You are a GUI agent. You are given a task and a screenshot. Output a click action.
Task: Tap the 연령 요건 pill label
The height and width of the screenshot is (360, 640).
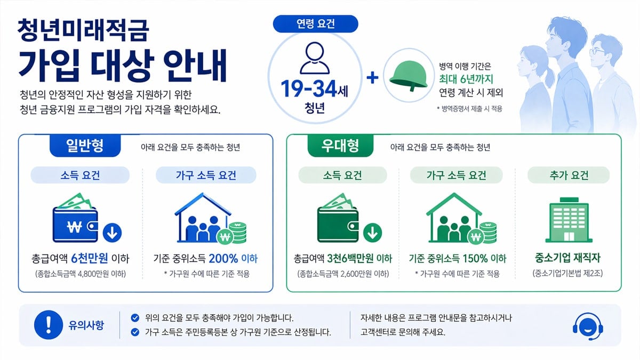point(315,23)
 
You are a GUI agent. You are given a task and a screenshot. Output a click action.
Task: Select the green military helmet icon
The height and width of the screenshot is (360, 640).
point(408,75)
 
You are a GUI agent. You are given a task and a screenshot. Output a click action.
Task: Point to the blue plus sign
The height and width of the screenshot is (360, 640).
point(373,77)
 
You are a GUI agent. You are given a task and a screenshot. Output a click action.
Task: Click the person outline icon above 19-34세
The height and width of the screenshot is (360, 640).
point(315,59)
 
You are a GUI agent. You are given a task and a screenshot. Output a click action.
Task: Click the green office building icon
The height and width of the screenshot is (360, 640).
point(567,222)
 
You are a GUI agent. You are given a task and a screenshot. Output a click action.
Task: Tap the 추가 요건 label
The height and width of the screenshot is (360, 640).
point(567,175)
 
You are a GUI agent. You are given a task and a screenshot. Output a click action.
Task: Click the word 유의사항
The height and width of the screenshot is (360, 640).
point(86,324)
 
